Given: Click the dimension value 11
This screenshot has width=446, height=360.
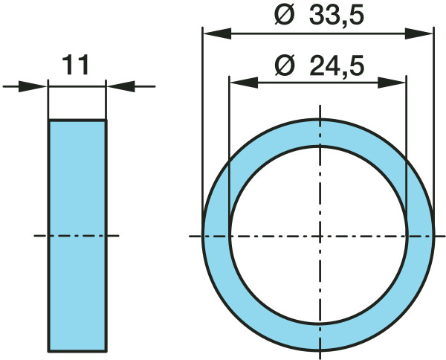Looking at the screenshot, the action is [x=75, y=65].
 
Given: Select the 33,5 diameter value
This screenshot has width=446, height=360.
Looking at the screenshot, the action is [x=337, y=16].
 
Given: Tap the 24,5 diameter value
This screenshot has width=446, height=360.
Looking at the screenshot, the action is [x=337, y=65].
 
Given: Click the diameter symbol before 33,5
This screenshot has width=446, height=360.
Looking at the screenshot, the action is [x=284, y=15].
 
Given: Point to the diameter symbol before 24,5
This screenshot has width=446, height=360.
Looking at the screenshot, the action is [x=285, y=65].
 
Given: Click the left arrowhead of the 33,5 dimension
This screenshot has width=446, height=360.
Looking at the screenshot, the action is [x=217, y=33].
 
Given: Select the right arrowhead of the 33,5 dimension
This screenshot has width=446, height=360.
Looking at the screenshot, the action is [x=418, y=33].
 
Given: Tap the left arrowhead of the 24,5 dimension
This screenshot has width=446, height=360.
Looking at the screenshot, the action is [x=244, y=83].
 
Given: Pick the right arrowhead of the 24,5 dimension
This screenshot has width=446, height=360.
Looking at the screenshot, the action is [x=392, y=83].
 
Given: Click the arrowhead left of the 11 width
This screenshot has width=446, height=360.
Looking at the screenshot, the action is [x=33, y=86].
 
